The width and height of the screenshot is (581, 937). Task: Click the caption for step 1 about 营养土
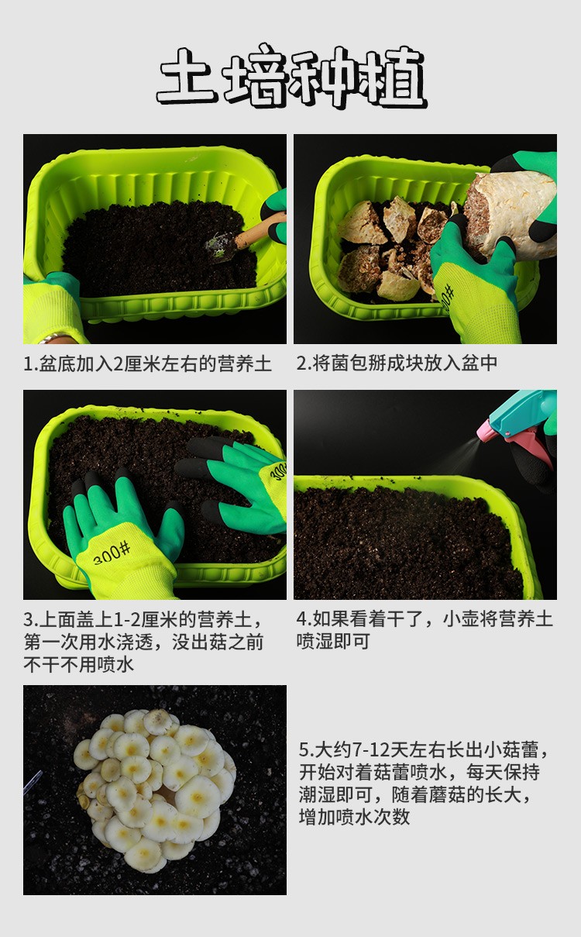click(x=147, y=363)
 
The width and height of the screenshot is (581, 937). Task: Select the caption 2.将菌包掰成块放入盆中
click(x=397, y=363)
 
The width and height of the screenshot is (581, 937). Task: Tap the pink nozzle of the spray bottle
click(x=486, y=431)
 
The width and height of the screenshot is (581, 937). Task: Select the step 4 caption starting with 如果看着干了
click(x=425, y=631)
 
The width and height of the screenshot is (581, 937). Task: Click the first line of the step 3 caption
click(x=143, y=620)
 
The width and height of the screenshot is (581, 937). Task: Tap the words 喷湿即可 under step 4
click(x=333, y=642)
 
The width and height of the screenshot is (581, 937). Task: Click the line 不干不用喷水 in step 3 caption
click(x=78, y=665)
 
